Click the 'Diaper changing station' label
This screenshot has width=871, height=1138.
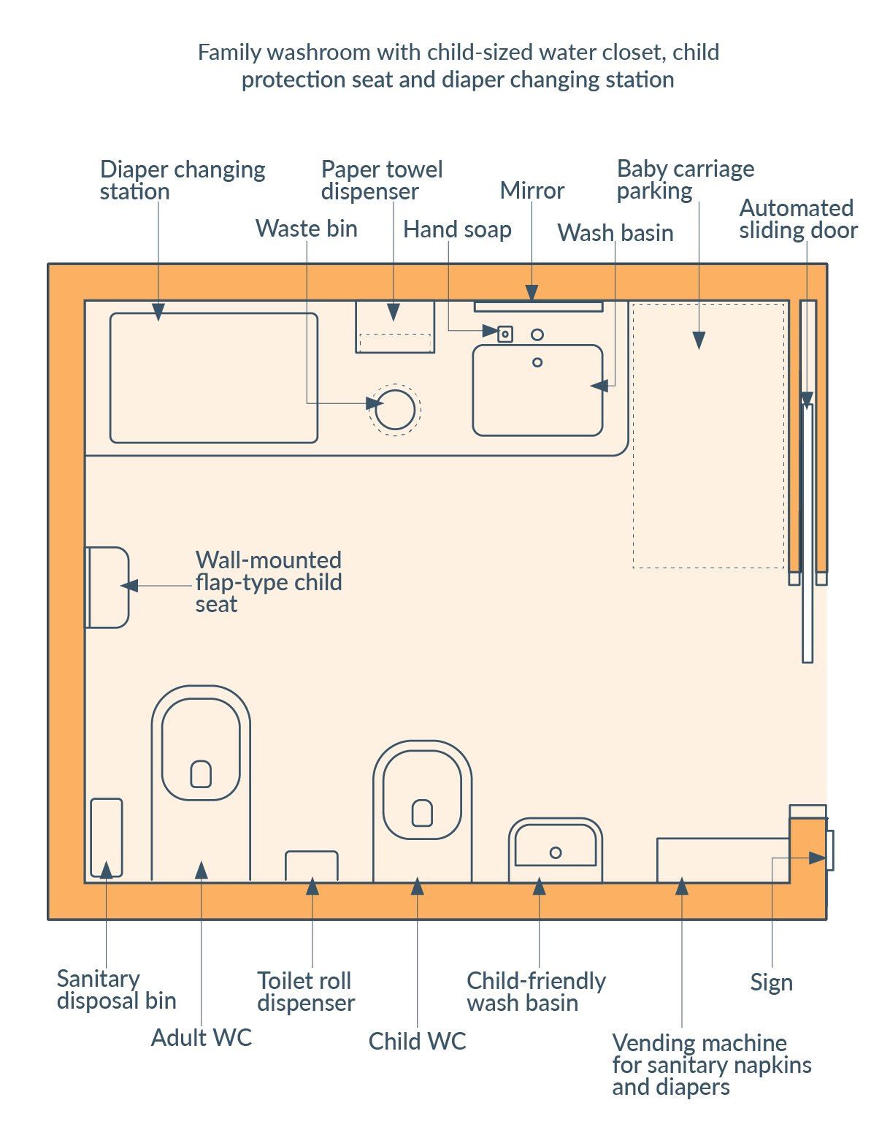point(183,180)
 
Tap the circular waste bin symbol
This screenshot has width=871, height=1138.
point(395,410)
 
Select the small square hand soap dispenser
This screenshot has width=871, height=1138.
point(504,335)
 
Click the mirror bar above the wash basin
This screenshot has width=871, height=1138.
point(538,306)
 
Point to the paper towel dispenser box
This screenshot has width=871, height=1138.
point(395,326)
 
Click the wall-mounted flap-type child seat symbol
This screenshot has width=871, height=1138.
point(107,587)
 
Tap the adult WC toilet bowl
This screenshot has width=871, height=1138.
point(201,749)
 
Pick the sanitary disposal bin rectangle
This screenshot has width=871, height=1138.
point(107,837)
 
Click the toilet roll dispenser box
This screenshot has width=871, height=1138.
point(312,866)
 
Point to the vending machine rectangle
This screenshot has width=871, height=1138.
point(723,860)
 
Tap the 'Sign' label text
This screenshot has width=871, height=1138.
point(771,982)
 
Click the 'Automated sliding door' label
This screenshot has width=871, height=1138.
point(797,219)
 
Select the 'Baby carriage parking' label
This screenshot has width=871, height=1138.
point(685,180)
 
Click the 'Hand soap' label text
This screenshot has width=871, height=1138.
point(457,229)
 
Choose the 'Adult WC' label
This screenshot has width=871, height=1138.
point(201,1037)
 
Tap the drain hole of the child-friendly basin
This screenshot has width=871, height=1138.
point(556,852)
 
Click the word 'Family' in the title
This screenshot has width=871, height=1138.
point(229,53)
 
